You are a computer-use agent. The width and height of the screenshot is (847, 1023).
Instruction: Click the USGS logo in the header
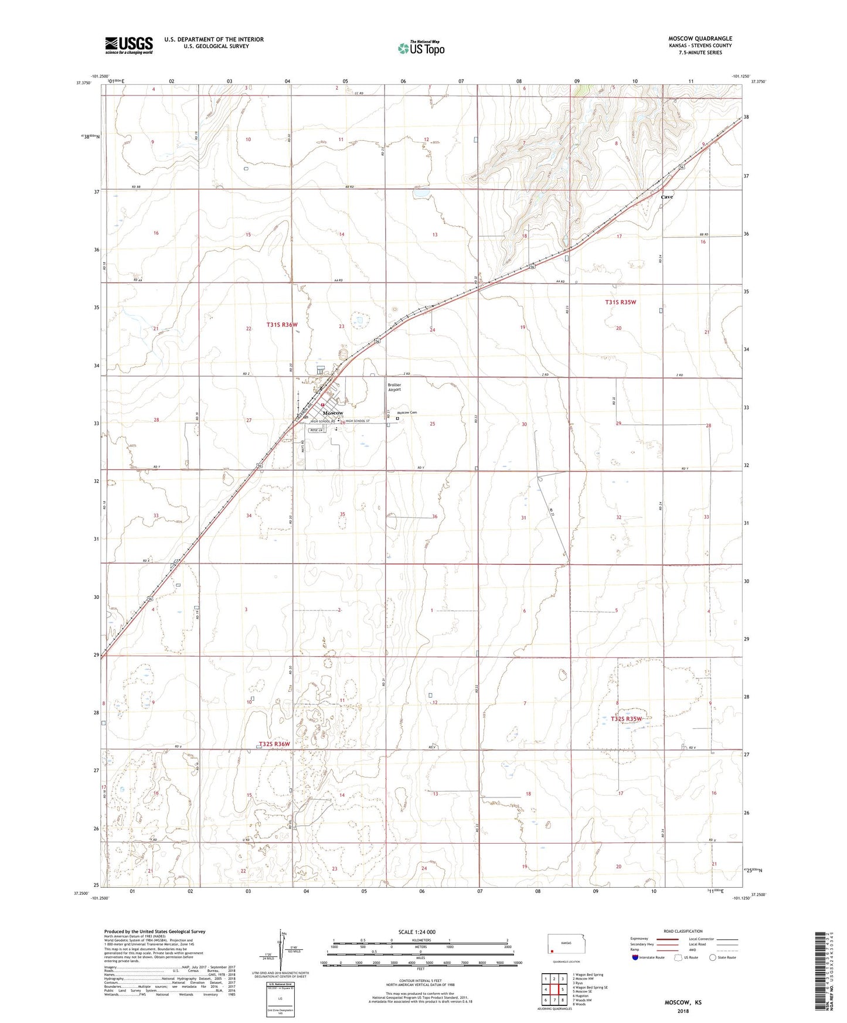[128, 45]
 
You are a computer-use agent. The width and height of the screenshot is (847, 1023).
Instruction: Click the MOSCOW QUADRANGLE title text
[700, 39]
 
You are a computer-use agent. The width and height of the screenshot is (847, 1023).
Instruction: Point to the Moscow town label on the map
[333, 413]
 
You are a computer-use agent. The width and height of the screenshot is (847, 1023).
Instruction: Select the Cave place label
[666, 197]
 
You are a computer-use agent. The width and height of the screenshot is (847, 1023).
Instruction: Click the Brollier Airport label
[394, 387]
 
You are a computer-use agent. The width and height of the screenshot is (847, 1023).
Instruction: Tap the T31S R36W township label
[282, 325]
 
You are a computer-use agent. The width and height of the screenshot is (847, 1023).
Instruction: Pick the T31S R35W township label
[620, 302]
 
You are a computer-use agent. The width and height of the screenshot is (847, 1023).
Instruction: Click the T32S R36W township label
[274, 744]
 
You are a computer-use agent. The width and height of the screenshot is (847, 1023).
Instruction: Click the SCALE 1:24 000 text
[417, 932]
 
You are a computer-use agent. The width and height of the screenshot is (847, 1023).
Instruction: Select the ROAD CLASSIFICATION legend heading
[683, 931]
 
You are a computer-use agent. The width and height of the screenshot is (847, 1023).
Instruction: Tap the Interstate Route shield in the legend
[636, 958]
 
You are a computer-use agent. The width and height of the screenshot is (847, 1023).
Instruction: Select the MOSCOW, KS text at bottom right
[683, 1002]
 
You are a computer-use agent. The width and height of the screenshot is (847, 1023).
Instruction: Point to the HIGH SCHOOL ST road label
[358, 421]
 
